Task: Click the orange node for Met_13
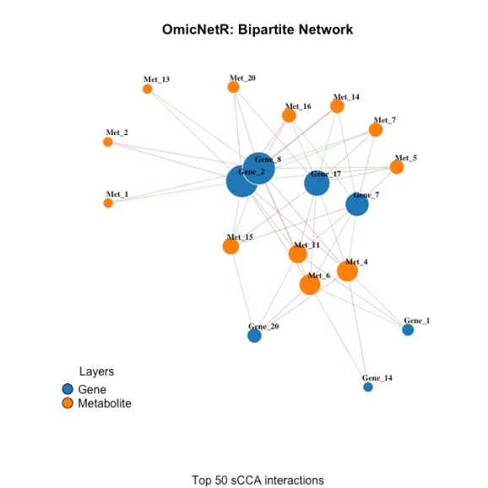pos(148,89)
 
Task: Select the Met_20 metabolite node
pos(234,87)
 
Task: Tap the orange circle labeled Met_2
pos(108,142)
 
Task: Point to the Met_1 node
pos(108,203)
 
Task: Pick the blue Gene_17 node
pos(317,183)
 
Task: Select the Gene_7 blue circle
pos(357,204)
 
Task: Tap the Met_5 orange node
pos(397,167)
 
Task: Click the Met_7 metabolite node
pos(376,130)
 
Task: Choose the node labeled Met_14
pos(337,106)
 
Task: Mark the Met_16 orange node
pos(289,116)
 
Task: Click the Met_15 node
pos(230,247)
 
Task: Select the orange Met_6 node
pos(310,285)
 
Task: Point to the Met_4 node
pos(347,271)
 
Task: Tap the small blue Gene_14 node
pos(368,387)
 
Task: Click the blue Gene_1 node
pos(408,330)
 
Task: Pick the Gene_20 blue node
pos(254,336)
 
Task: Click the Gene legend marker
pos(68,389)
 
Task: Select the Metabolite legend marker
pos(68,404)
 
